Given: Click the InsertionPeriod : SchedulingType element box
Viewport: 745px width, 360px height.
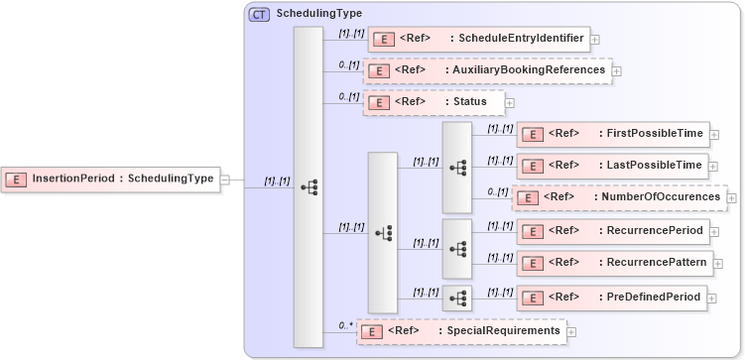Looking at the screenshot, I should click(110, 180).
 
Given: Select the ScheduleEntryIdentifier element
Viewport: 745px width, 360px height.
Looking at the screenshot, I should click(478, 40).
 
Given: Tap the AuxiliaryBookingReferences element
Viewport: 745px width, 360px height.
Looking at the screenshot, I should click(487, 71).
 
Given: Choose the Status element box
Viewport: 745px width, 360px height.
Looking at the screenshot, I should click(434, 102).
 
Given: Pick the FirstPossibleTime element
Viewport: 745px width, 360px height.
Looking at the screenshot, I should click(612, 134).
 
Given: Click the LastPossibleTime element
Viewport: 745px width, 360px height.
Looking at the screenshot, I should click(612, 166).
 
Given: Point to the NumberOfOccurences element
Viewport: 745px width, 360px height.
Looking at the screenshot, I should click(619, 197).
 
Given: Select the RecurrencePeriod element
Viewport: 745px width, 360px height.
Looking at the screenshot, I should click(612, 231).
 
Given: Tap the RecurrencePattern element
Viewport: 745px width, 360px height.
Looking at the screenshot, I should click(612, 263).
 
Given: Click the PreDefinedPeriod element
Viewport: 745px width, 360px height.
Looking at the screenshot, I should click(612, 297).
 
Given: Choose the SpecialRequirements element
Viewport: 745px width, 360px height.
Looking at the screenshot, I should click(461, 330).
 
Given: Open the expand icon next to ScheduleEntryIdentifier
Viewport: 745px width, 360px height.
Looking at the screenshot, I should click(595, 40).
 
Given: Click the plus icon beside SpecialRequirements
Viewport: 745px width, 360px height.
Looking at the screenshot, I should click(571, 331).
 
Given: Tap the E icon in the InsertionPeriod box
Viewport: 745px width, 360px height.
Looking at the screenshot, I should click(17, 180).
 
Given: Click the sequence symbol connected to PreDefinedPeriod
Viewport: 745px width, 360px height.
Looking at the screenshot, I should click(457, 298).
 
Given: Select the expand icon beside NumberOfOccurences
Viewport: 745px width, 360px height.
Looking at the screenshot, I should click(732, 198).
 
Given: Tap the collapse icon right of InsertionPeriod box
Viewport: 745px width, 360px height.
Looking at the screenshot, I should click(225, 180).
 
